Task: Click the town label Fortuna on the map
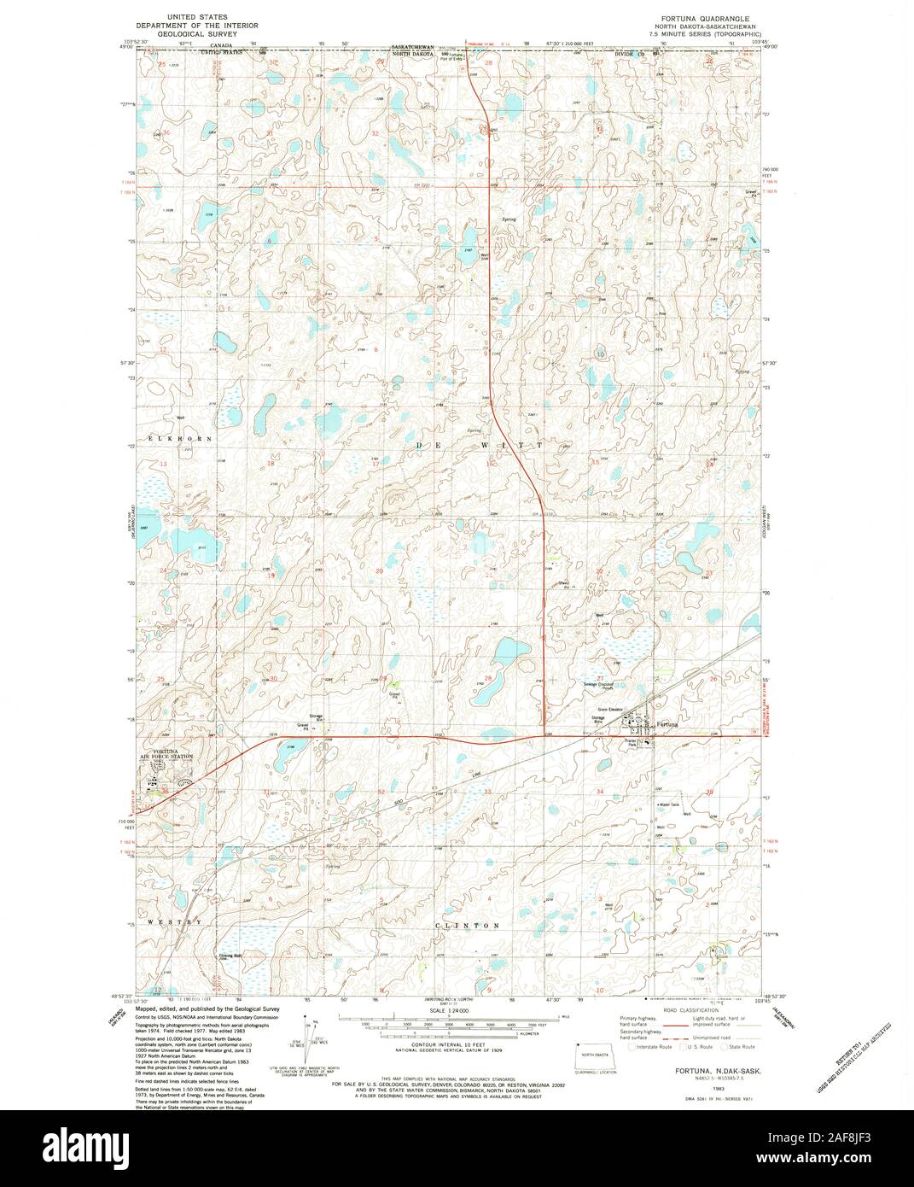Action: coord(669,724)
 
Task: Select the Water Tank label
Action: coord(668,804)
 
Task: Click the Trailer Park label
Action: coord(632,743)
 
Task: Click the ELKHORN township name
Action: coord(178,438)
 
